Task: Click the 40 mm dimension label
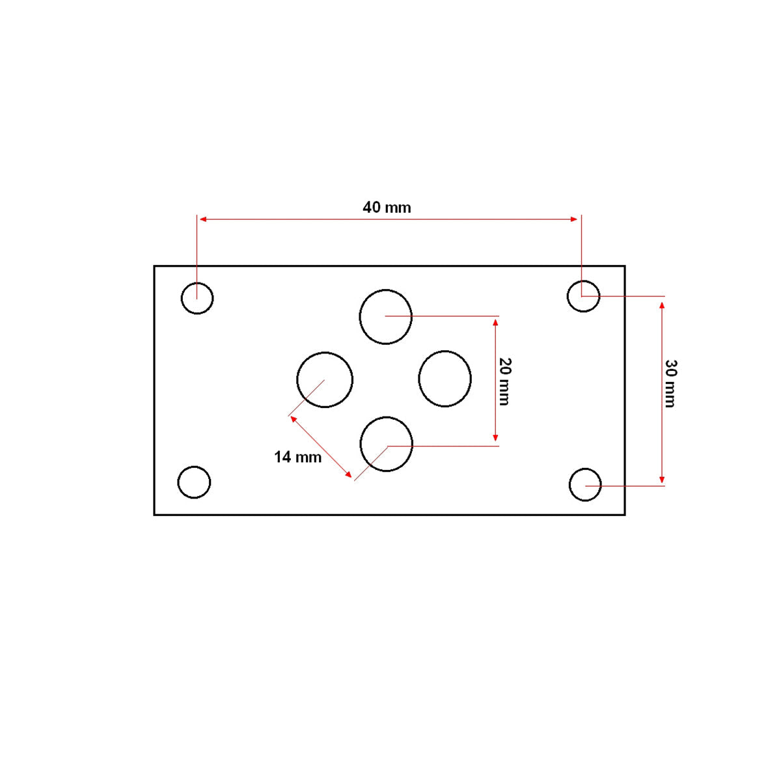tap(387, 208)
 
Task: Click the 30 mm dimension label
tap(670, 383)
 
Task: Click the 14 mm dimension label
tap(297, 458)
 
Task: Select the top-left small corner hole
tap(197, 298)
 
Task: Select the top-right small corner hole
tap(583, 296)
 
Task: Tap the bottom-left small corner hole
tap(194, 482)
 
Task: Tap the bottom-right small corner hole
tap(585, 485)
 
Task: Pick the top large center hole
tap(386, 316)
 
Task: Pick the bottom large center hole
tap(387, 444)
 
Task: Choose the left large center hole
tap(325, 380)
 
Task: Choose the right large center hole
tap(445, 379)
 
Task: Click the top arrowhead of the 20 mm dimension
tap(496, 322)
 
